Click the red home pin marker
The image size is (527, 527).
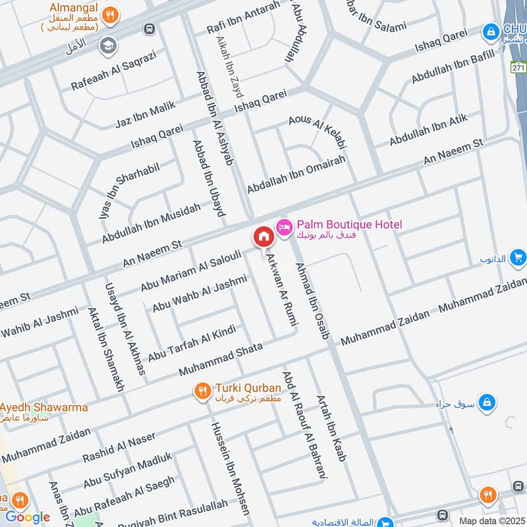(263, 237)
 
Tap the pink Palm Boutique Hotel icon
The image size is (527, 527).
(285, 226)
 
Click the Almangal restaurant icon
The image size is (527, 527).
(113, 14)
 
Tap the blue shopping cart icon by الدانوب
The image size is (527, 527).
(518, 258)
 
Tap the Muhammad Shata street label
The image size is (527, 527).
(220, 359)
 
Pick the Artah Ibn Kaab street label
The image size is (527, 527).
(331, 428)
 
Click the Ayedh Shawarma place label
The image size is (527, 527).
(45, 406)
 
